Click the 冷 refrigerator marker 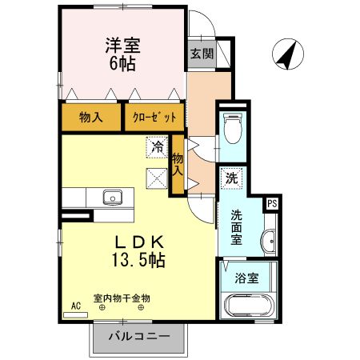pyautogui.click(x=158, y=147)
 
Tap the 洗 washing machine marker pyautogui.click(x=230, y=178)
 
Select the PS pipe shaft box pyautogui.click(x=272, y=203)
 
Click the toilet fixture pyautogui.click(x=233, y=128)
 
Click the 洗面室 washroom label pyautogui.click(x=237, y=226)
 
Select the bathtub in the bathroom pyautogui.click(x=247, y=306)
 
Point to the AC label pyautogui.click(x=76, y=306)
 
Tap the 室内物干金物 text pyautogui.click(x=122, y=298)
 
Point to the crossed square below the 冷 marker pyautogui.click(x=157, y=178)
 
